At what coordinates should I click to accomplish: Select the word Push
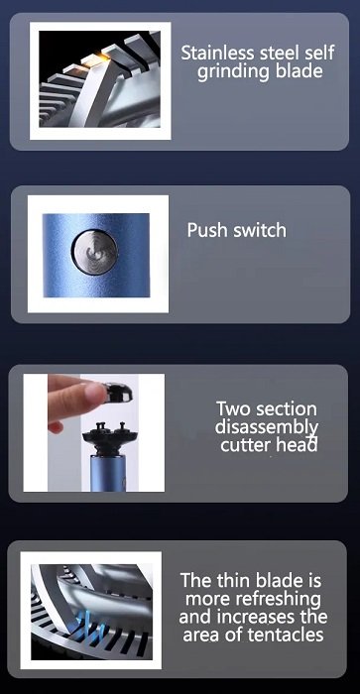pos(203,230)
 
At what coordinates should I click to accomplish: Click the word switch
pos(255,230)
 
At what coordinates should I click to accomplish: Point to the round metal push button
pos(94,252)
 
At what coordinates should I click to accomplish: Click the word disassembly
pos(267,427)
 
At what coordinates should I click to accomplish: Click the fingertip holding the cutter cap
pos(94,394)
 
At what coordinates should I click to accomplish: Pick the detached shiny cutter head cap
pos(117,393)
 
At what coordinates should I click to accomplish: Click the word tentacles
pos(286,636)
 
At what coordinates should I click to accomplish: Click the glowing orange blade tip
pos(94,60)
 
